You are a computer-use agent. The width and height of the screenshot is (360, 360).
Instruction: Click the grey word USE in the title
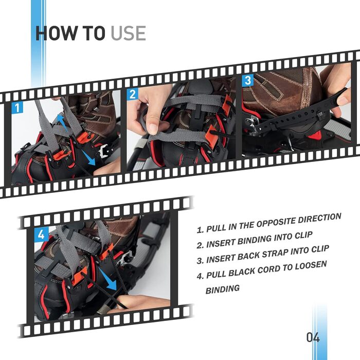[x=129, y=33]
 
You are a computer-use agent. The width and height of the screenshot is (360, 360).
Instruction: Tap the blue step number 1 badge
[x=17, y=107]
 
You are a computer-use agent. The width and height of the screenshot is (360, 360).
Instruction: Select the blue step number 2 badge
[x=133, y=94]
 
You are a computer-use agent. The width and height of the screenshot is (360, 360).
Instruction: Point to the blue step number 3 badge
[x=248, y=80]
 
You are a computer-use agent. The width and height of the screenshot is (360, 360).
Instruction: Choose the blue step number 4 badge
[x=41, y=235]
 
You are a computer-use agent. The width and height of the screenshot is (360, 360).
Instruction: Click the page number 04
[x=313, y=337]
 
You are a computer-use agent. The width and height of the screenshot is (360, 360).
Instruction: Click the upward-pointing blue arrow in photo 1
[x=61, y=121]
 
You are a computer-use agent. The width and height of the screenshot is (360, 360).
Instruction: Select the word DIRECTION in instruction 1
[x=319, y=219]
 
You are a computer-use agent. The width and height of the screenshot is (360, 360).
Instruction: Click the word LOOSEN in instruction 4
[x=311, y=266]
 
